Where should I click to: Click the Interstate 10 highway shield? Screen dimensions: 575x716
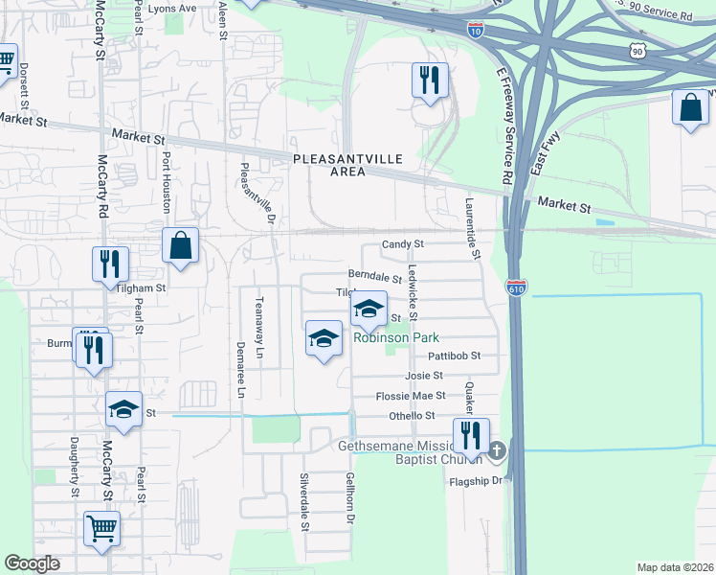tap(476, 30)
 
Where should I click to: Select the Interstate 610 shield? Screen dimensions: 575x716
tap(516, 287)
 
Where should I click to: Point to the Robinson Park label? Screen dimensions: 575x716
tap(396, 337)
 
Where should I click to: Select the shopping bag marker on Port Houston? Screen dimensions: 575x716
tap(180, 246)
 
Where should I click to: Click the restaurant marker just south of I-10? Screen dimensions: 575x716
tap(429, 80)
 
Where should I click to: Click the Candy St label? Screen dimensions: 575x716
tap(402, 244)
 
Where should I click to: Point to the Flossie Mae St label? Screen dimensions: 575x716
tap(411, 395)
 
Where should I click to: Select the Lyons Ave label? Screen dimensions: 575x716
tap(200, 8)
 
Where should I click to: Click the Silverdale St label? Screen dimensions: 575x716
tap(305, 501)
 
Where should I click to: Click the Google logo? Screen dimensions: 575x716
tap(32, 563)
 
